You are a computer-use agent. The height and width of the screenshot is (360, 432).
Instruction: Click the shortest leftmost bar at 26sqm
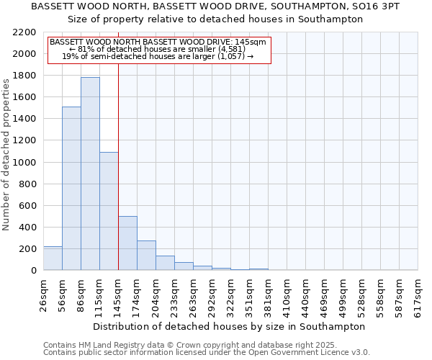tap(53, 258)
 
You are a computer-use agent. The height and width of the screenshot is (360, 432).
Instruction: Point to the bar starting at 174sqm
tap(146, 256)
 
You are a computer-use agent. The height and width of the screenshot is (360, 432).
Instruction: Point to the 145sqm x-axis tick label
tap(118, 295)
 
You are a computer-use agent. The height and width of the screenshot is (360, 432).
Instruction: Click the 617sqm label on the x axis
tap(418, 295)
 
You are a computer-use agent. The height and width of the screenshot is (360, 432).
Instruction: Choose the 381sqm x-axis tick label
tap(268, 295)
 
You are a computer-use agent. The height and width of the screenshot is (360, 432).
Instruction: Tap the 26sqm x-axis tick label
tap(43, 295)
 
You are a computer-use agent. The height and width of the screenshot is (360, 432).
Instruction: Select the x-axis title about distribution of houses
tap(230, 326)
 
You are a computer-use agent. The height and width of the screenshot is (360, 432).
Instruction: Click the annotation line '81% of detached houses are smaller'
tap(158, 49)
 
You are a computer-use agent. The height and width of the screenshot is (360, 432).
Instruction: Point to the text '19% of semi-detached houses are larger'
tap(158, 56)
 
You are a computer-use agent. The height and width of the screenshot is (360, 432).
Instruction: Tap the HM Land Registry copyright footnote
tap(179, 346)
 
